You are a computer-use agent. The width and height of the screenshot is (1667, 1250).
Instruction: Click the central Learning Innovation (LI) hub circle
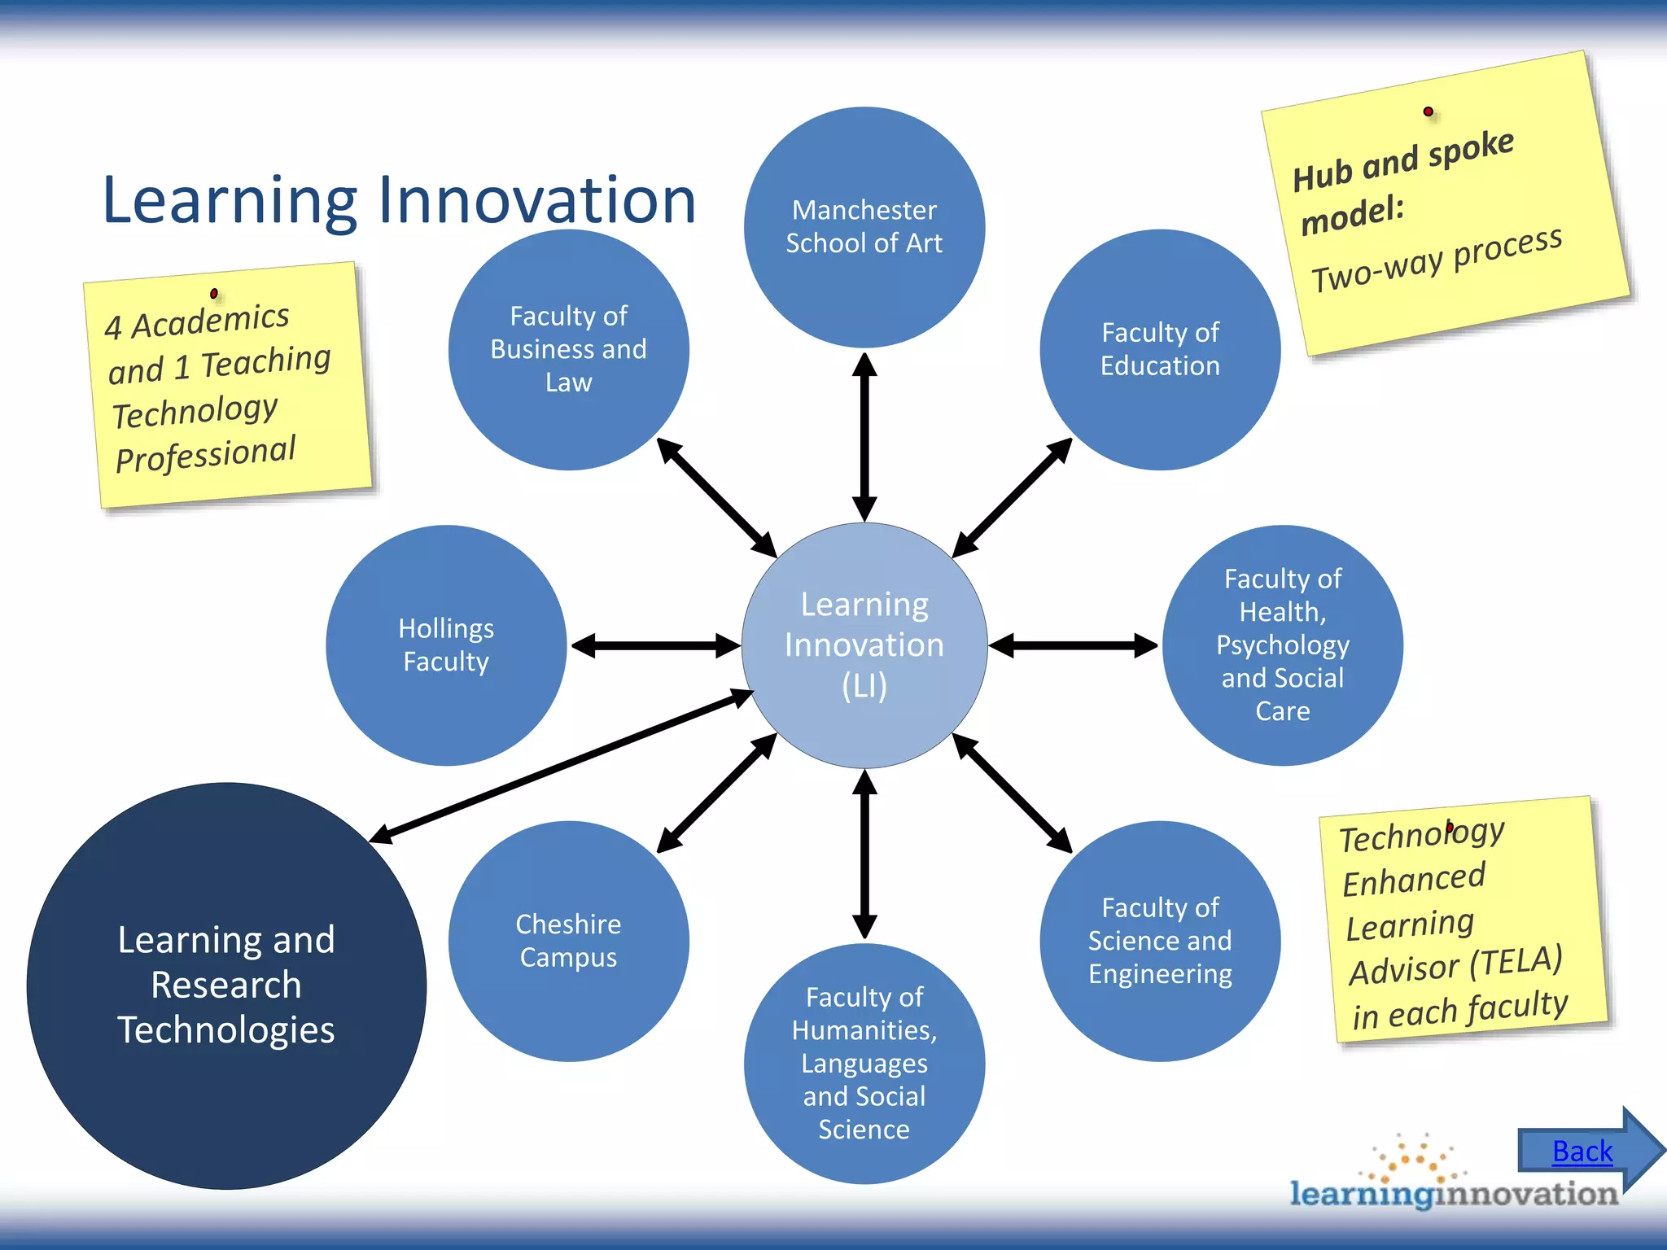(864, 645)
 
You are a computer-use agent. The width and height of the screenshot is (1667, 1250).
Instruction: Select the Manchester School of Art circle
(864, 227)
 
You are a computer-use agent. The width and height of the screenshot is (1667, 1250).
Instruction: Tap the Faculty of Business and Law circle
(568, 349)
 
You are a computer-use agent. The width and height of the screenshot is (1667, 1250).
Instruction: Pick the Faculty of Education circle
(1160, 349)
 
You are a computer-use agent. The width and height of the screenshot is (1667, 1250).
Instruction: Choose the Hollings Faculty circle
(446, 645)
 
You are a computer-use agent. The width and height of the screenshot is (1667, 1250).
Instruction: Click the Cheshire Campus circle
(568, 941)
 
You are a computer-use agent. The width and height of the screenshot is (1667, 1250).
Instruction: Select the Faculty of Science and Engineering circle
(1160, 941)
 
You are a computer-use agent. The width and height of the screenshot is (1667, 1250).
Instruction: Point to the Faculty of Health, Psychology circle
(1282, 645)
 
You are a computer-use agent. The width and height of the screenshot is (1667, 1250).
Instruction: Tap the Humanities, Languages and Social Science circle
(864, 1063)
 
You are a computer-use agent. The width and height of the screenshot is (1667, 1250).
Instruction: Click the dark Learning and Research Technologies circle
(226, 985)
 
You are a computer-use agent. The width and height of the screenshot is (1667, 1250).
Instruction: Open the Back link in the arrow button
(1582, 1152)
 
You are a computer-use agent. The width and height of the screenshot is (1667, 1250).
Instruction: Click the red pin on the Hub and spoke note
(1428, 111)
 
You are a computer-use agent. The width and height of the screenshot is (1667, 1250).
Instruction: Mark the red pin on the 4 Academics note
(213, 293)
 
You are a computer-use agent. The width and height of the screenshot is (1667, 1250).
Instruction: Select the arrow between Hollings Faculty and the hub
(655, 646)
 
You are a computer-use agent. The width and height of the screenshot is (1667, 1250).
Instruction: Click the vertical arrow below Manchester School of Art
(864, 435)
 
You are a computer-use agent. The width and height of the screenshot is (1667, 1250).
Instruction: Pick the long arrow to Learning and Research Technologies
(562, 765)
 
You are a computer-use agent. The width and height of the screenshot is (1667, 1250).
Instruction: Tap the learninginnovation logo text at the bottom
(1454, 1193)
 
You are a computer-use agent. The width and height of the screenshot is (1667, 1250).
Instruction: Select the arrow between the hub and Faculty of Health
(1073, 646)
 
